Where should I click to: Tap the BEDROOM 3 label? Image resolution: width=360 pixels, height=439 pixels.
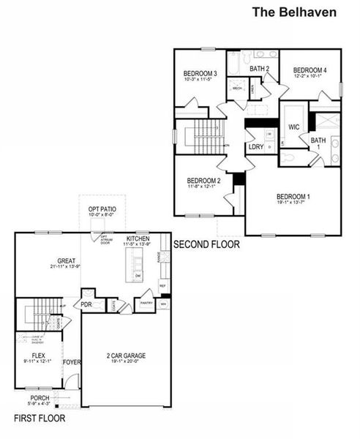200,74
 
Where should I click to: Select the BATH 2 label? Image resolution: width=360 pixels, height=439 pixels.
260,69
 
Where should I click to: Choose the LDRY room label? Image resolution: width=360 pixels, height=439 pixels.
255,147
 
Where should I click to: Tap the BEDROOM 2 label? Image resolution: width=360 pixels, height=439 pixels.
203,181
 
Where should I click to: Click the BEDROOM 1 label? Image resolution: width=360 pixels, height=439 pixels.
293,197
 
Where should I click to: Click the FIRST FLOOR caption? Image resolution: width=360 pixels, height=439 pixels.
40,419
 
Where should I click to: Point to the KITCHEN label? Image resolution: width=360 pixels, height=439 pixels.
138,239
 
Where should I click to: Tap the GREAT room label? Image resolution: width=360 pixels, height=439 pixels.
68,260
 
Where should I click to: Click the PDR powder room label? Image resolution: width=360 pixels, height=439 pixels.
86,304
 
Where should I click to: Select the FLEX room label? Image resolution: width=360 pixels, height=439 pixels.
38,356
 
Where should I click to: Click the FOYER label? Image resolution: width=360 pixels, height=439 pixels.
71,361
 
